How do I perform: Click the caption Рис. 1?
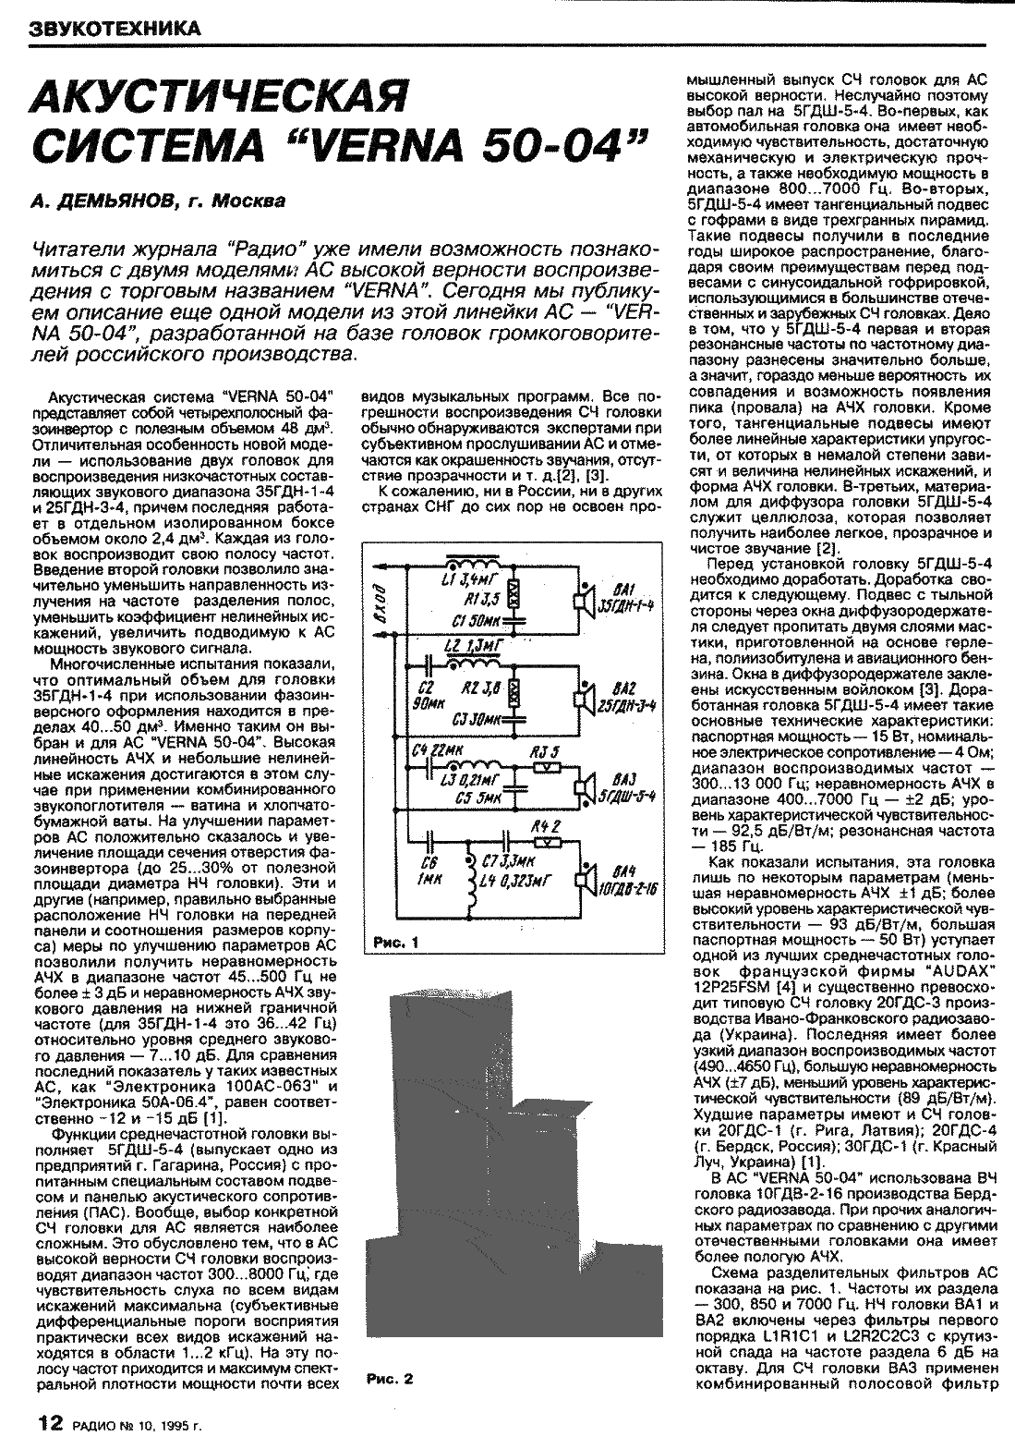(396, 944)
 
